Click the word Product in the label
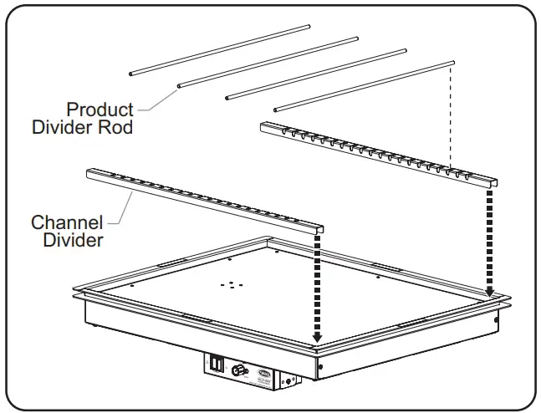(100, 110)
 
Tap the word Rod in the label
(118, 128)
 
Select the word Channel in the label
(67, 223)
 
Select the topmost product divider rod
(220, 50)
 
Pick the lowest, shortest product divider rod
(363, 85)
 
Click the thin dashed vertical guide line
(452, 117)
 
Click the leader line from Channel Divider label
(121, 208)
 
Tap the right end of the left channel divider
(319, 228)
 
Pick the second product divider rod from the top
(268, 62)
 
